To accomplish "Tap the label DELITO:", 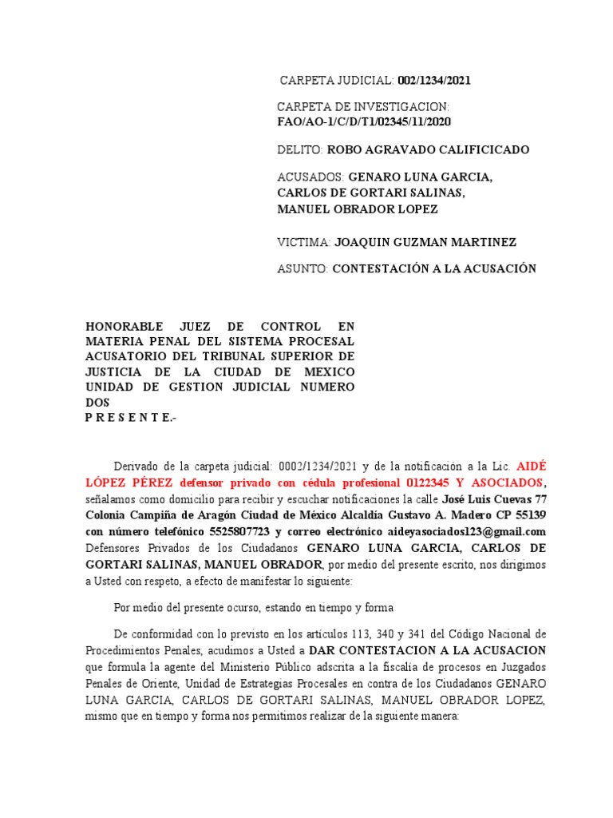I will coord(299,149).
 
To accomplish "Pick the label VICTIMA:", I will coord(303,242).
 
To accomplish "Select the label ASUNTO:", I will coord(303,269).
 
